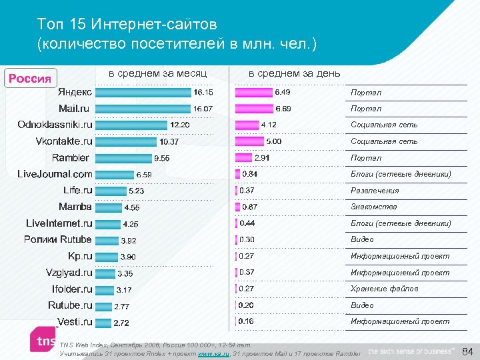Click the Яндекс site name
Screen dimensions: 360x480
pos(75,92)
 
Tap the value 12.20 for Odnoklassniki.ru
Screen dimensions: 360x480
pos(179,125)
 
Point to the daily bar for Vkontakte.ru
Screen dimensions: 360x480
pos(249,141)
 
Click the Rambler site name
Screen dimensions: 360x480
pos(70,158)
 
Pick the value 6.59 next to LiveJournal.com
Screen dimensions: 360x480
pos(144,175)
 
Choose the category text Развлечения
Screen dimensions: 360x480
pos(375,191)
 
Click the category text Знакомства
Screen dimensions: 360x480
pos(373,207)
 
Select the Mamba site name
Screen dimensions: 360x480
pos(75,207)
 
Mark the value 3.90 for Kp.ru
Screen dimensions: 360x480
pos(128,257)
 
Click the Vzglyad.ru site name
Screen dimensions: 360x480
pos(69,273)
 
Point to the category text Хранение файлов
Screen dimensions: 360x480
pos(385,289)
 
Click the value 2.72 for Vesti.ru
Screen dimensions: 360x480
pos(121,323)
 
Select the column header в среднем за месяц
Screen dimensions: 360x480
pos(157,73)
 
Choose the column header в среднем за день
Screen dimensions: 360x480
pos(294,73)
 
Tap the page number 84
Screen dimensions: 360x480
pos(467,351)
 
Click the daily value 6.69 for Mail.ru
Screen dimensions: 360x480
pos(283,109)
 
